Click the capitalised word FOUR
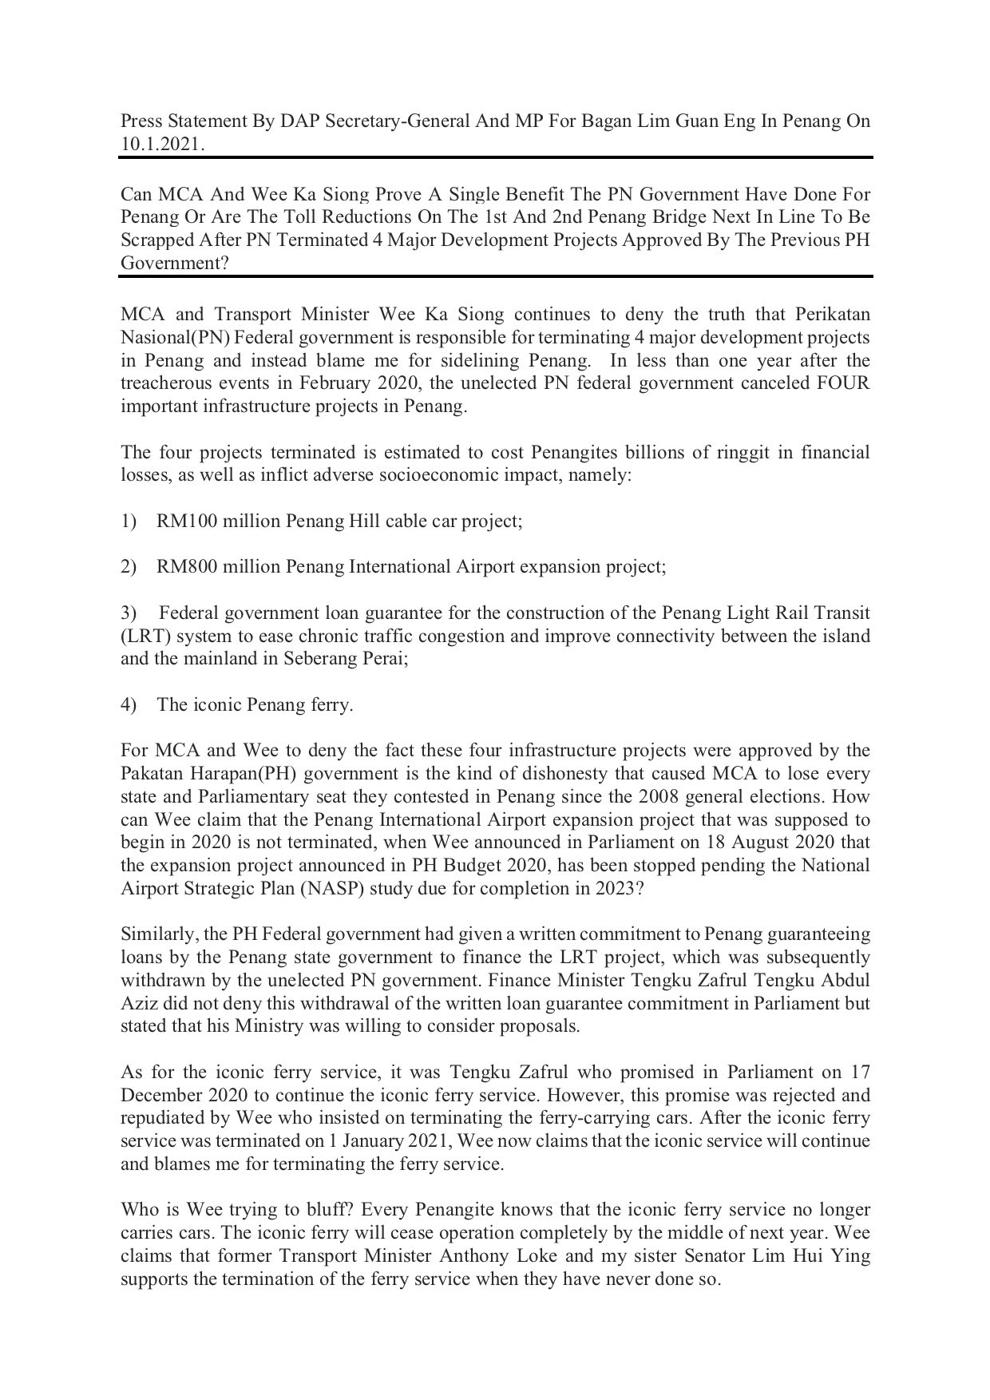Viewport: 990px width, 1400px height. [845, 383]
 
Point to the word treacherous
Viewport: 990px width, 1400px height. [170, 383]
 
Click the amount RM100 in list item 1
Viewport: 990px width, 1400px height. [185, 522]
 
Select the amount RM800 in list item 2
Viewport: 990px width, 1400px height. [185, 567]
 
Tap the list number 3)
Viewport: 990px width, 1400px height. [129, 613]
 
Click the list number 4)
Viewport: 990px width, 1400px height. [129, 705]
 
